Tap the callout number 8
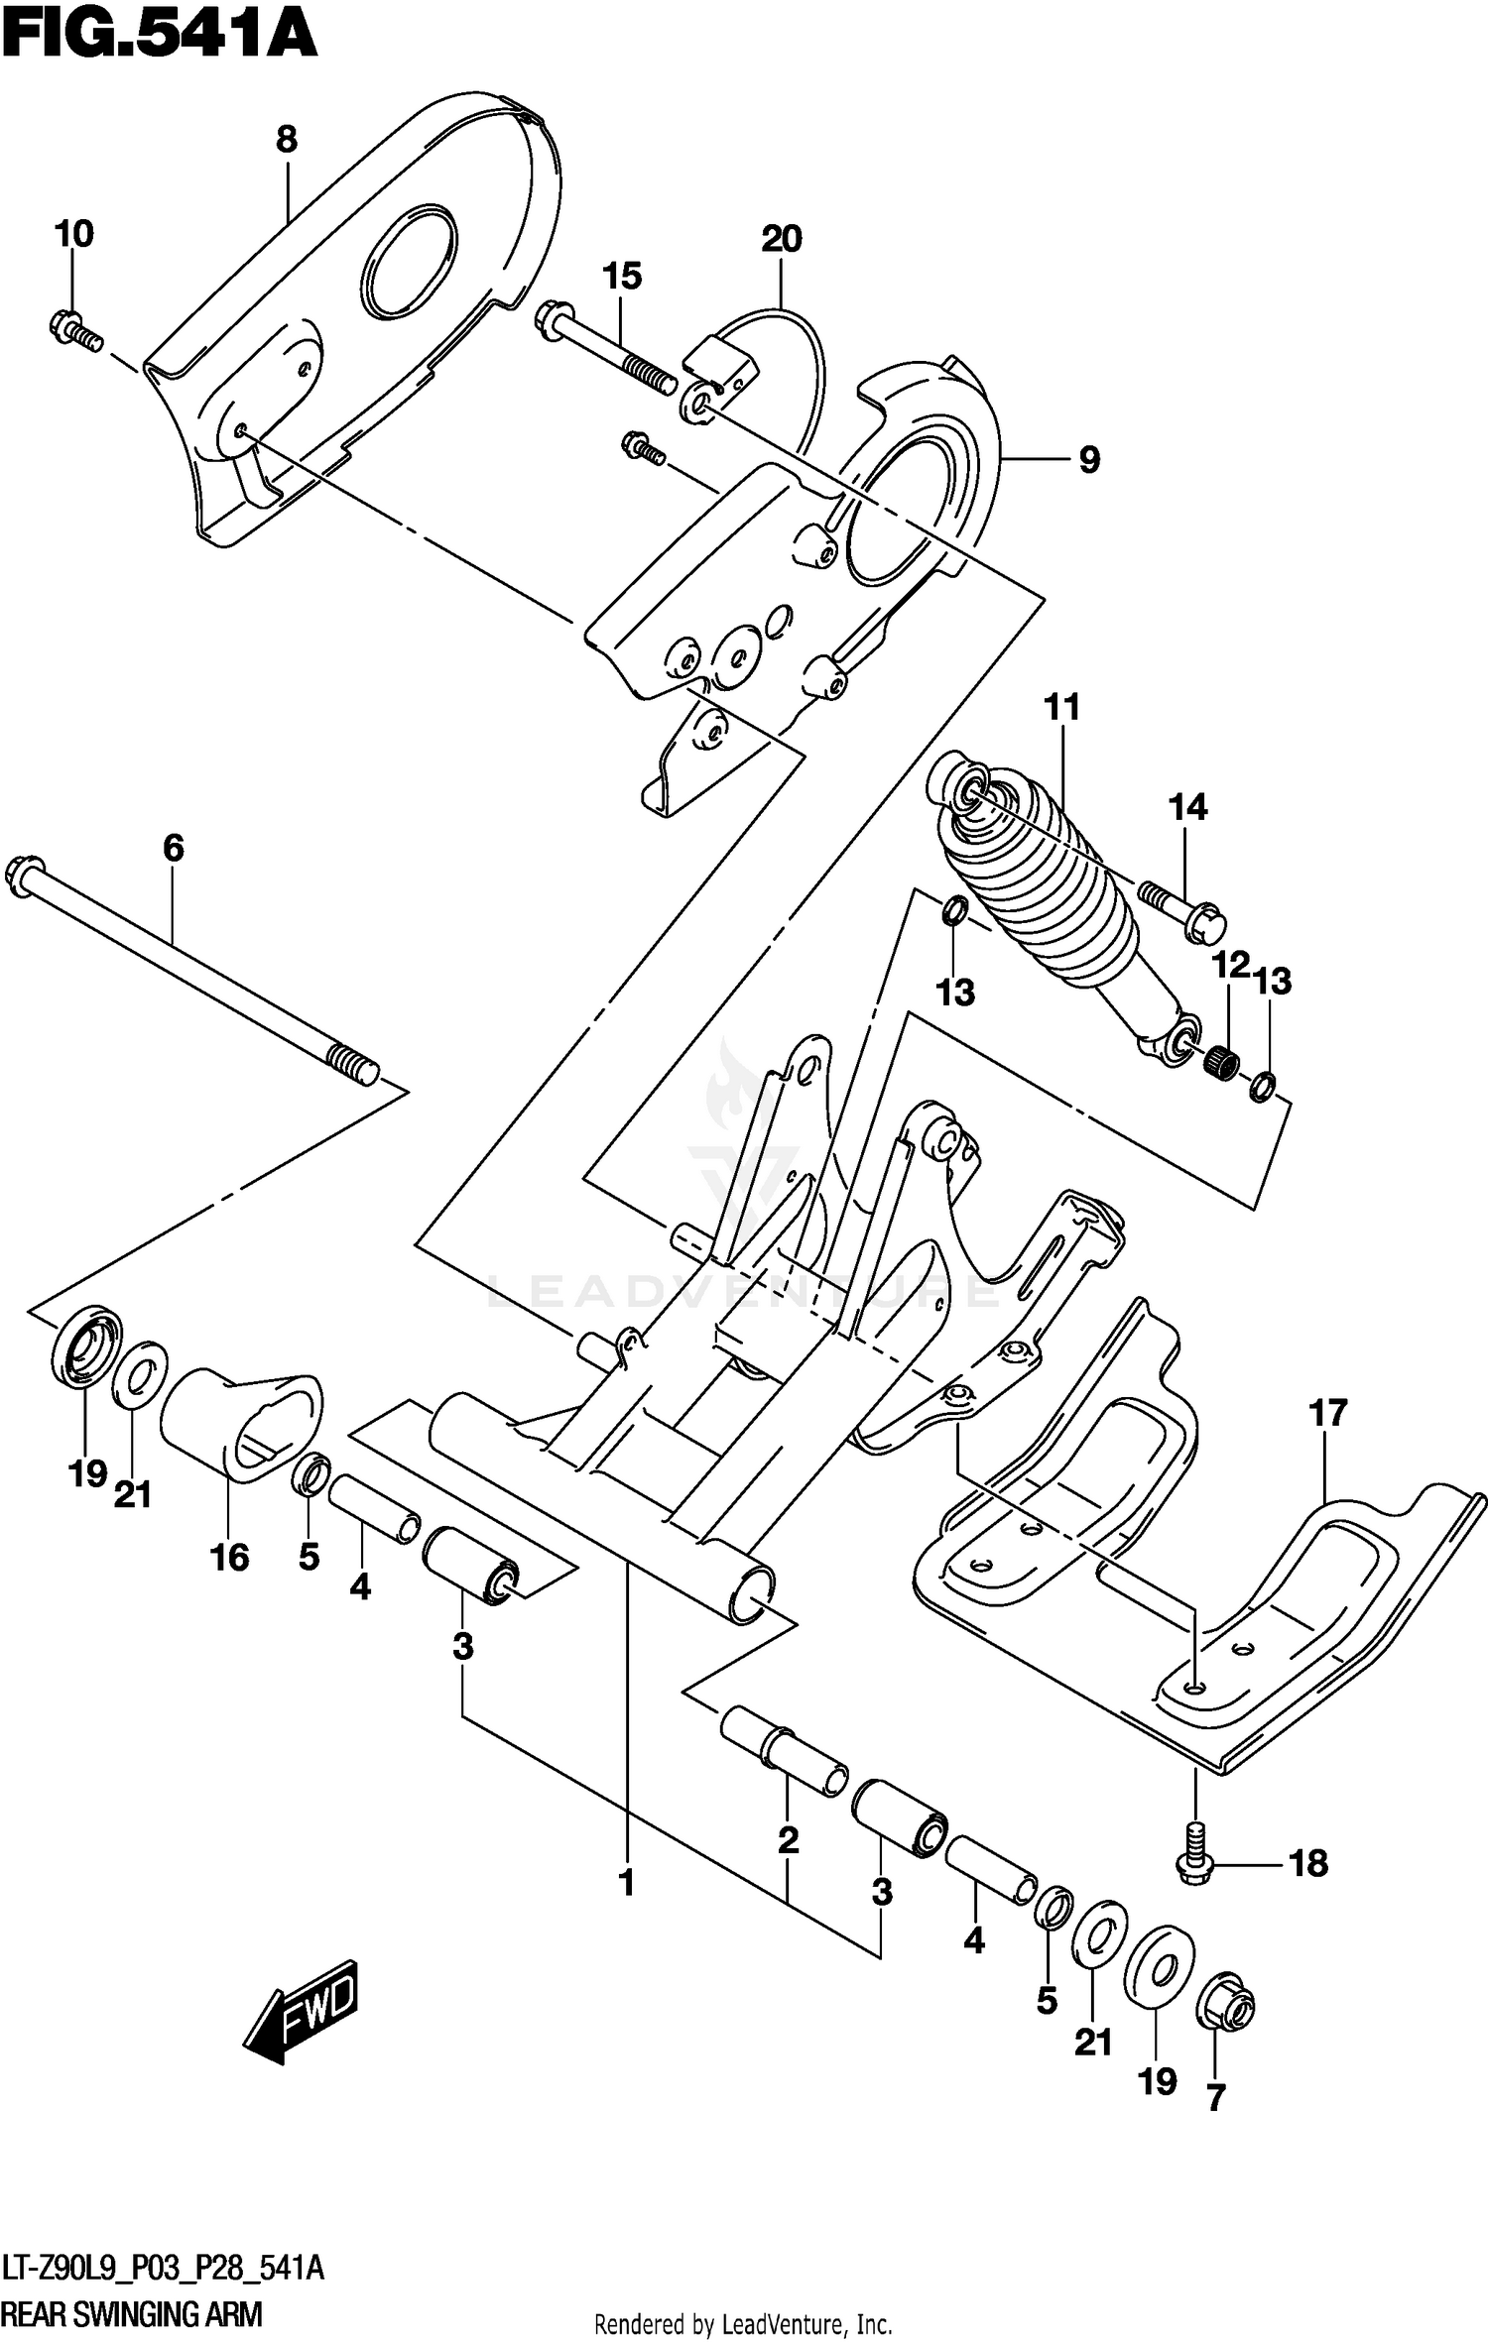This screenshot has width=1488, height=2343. tap(287, 140)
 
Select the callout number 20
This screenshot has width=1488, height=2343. tap(782, 239)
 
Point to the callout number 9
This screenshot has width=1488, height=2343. tap(1088, 460)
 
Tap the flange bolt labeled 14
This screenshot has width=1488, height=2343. tap(1185, 908)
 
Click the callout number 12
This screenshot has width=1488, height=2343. tap(1230, 965)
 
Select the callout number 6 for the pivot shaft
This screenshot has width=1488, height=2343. tap(173, 848)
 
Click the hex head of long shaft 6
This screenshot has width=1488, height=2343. tap(24, 875)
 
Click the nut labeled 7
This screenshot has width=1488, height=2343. tap(1226, 2008)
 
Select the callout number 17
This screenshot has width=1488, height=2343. tap(1327, 1413)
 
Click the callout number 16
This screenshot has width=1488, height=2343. tap(229, 1558)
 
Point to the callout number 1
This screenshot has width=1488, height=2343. tap(626, 1882)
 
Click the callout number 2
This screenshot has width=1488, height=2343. tap(788, 1840)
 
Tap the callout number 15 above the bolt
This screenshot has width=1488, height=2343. tap(622, 276)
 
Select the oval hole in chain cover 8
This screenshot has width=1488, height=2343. tap(410, 263)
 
